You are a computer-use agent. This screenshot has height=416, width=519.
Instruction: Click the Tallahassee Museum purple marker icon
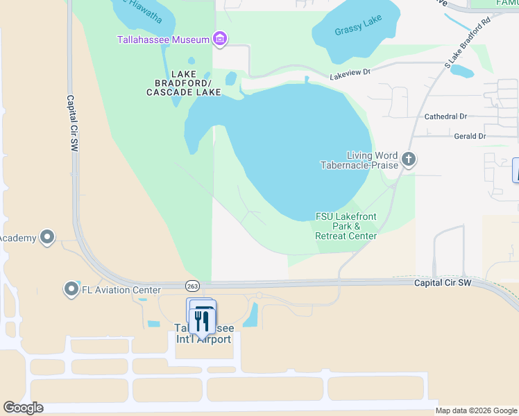[220, 39]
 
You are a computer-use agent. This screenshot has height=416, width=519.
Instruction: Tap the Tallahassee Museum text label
[163, 40]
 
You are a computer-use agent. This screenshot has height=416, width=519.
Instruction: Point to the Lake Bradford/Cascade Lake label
[183, 83]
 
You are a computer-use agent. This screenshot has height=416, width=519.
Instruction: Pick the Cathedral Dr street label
[455, 117]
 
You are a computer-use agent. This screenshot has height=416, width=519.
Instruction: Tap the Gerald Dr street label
[470, 137]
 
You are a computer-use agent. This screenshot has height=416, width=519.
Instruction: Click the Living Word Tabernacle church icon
[409, 160]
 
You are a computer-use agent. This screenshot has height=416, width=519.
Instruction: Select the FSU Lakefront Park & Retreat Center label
[346, 226]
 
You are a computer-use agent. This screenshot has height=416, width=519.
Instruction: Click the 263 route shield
[193, 286]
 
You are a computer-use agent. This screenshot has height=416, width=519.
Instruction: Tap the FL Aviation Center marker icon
[71, 289]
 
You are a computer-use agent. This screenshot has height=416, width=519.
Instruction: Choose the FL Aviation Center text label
[121, 290]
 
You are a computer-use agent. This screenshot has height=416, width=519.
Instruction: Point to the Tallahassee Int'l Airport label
[203, 333]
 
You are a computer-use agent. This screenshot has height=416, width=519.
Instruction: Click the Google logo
[23, 408]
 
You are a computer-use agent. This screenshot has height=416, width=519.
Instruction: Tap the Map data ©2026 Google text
[477, 410]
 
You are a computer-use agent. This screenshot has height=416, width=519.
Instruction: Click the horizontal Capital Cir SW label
[443, 283]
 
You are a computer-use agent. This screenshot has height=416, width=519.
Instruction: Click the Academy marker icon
[47, 238]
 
